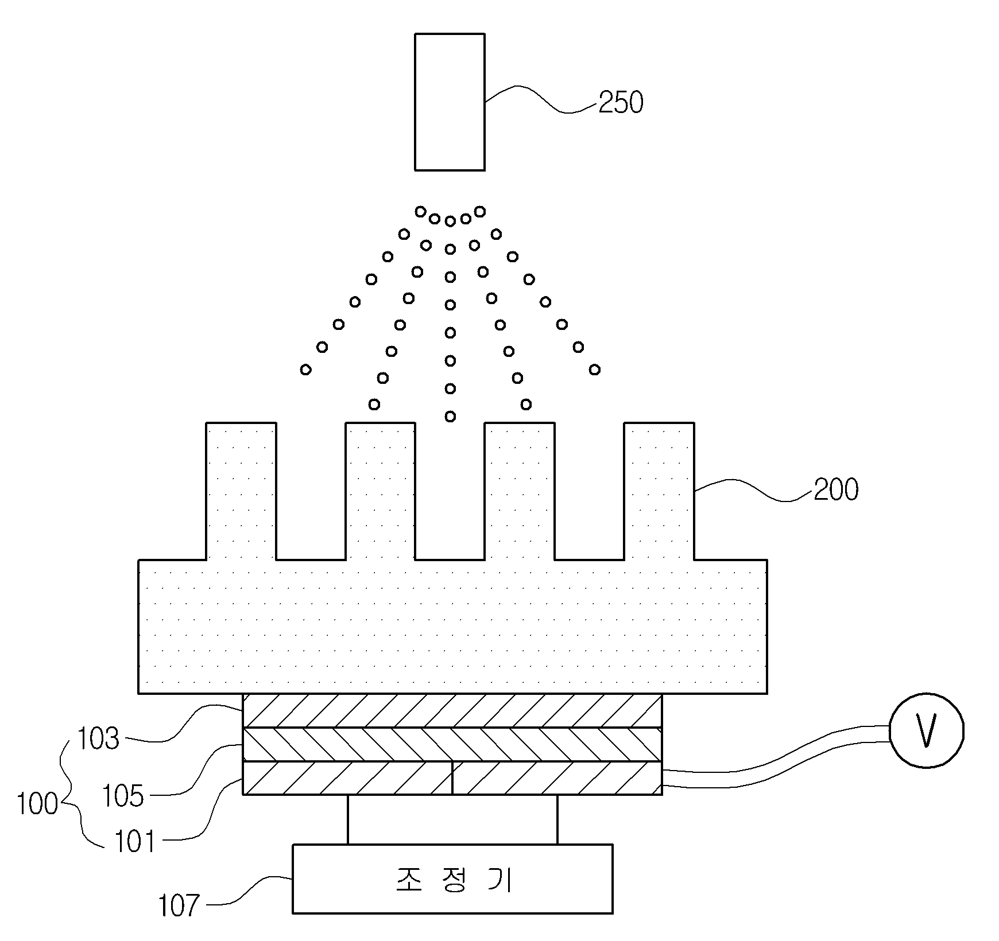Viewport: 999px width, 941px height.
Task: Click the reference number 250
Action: pyautogui.click(x=621, y=103)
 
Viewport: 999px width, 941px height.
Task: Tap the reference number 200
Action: pyautogui.click(x=836, y=489)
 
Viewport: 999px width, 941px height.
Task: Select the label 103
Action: pyautogui.click(x=98, y=738)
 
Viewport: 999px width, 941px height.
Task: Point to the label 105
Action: pyautogui.click(x=122, y=796)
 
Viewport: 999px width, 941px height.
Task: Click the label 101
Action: pyautogui.click(x=135, y=842)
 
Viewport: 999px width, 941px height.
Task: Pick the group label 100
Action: pyautogui.click(x=37, y=804)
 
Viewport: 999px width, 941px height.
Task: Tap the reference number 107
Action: pyautogui.click(x=179, y=907)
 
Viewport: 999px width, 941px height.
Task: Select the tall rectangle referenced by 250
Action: pyautogui.click(x=450, y=102)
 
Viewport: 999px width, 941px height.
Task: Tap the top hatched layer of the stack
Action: pyautogui.click(x=452, y=710)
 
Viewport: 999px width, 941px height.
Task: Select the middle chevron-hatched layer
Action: pyautogui.click(x=452, y=744)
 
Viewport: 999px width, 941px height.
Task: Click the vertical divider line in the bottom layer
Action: pyautogui.click(x=452, y=778)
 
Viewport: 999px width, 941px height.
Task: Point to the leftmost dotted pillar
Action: pyautogui.click(x=241, y=491)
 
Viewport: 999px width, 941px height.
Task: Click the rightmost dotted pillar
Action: pyautogui.click(x=659, y=491)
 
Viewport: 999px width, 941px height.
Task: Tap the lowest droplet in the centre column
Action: pyautogui.click(x=450, y=416)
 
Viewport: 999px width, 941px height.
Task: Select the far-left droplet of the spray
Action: pyautogui.click(x=306, y=370)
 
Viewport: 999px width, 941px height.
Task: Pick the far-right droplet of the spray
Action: pyautogui.click(x=595, y=370)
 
